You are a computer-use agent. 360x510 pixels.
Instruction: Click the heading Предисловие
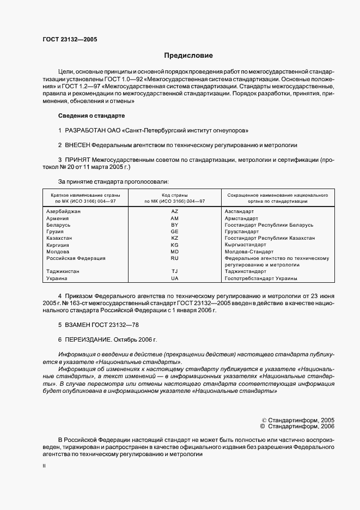click(x=188, y=56)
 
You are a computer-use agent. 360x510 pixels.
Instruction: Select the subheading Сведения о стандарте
click(x=91, y=116)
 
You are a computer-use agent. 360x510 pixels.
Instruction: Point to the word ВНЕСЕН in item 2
click(x=77, y=145)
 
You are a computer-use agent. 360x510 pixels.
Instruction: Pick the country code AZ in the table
click(x=175, y=211)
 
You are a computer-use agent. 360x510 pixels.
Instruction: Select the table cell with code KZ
click(x=175, y=238)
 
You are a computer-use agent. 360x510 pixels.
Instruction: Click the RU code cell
click(x=175, y=258)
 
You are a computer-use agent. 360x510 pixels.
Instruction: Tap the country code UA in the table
click(x=175, y=278)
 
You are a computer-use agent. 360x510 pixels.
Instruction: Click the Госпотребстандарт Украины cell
click(x=261, y=278)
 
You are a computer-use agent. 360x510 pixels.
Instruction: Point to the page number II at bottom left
click(x=44, y=466)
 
